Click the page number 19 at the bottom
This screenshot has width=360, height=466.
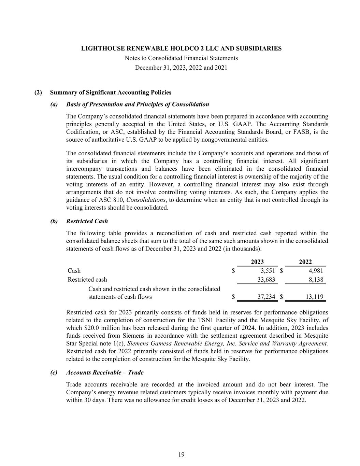(181, 454)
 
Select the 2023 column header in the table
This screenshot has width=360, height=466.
(257, 262)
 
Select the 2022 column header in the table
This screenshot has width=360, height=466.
(305, 262)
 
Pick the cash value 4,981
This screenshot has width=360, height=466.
(316, 271)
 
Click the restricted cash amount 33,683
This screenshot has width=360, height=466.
(266, 280)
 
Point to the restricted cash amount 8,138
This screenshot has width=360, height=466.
(316, 280)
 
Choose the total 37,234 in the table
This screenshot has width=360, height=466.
(266, 297)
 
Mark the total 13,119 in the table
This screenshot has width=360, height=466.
(314, 297)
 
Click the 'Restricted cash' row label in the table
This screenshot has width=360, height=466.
(87, 280)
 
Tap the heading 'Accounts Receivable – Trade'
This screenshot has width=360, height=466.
(105, 372)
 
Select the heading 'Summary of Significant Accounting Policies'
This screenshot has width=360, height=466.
(111, 93)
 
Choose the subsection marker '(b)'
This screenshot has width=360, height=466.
(54, 221)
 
